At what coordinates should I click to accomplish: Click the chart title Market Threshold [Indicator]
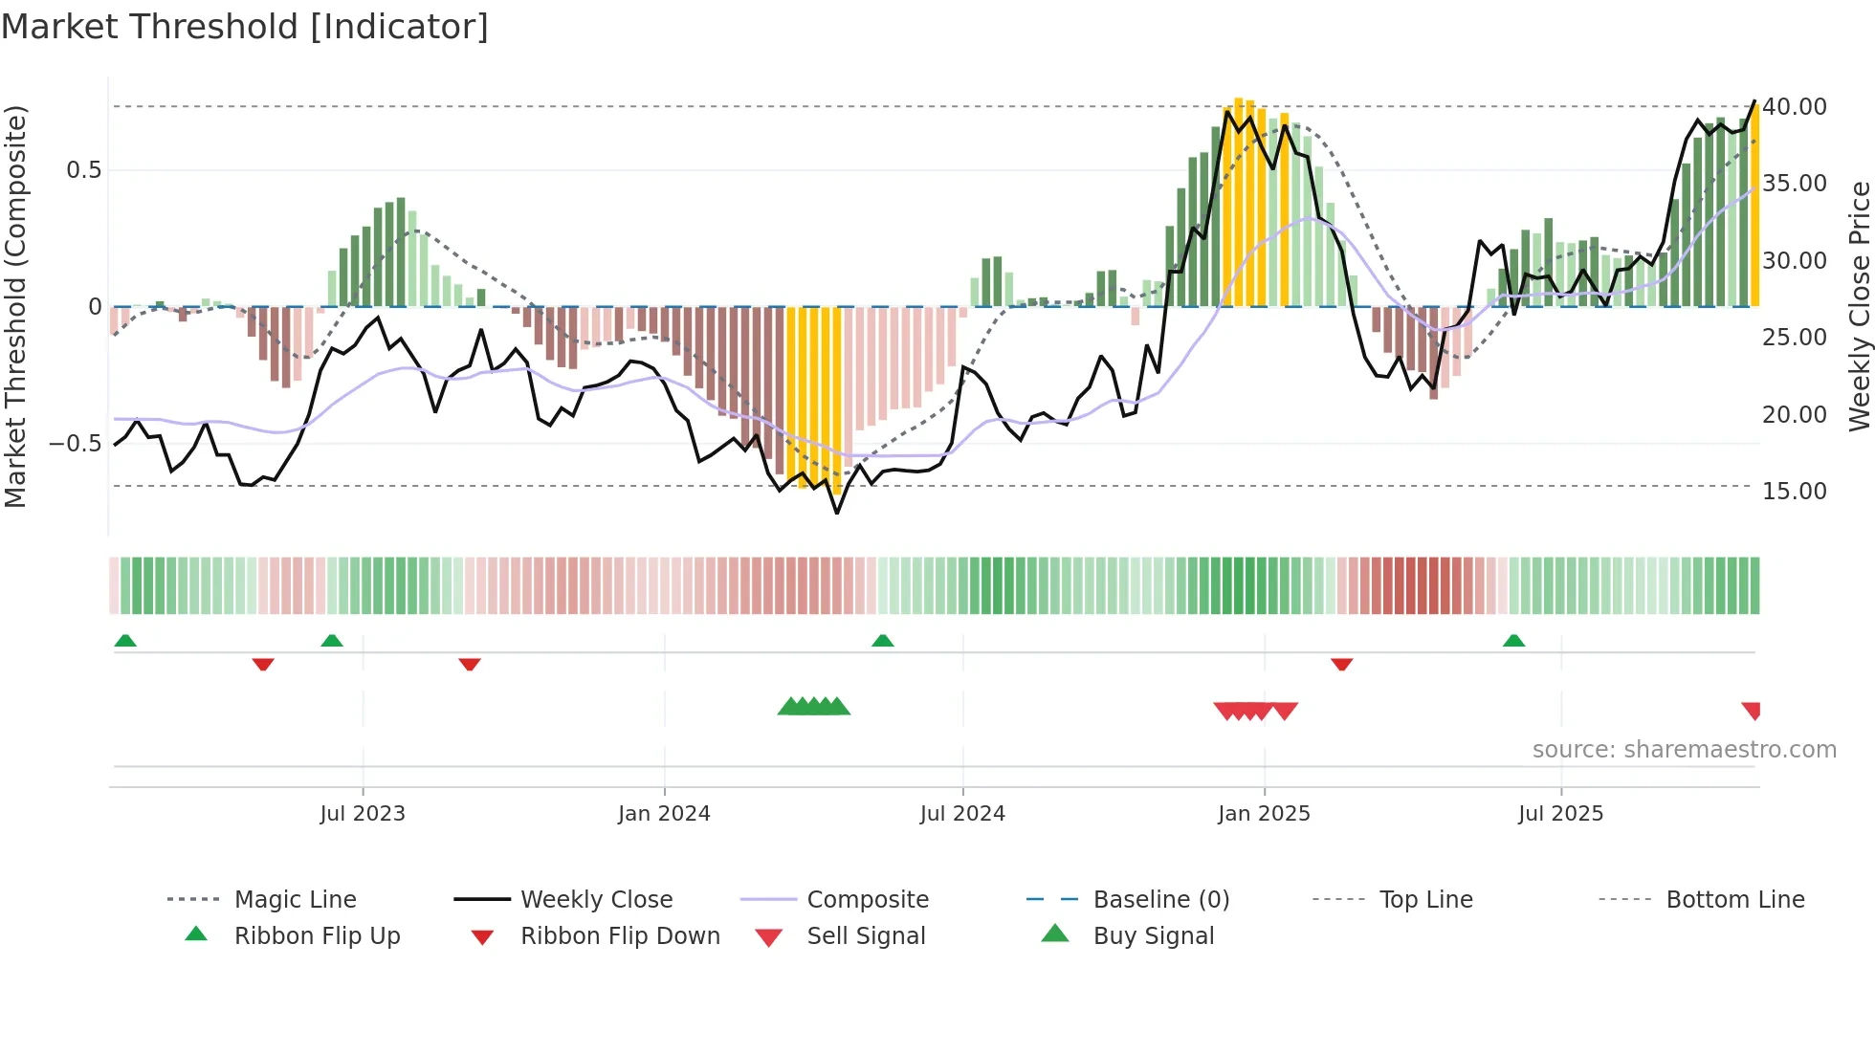click(x=245, y=27)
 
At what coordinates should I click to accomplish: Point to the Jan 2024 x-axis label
click(x=664, y=814)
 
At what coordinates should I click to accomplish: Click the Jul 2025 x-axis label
click(x=1560, y=814)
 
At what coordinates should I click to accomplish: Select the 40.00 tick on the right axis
click(x=1795, y=107)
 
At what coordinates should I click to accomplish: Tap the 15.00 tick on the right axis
click(x=1795, y=492)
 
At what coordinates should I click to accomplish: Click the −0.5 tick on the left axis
click(x=75, y=444)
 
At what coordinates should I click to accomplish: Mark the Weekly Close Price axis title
click(x=1859, y=306)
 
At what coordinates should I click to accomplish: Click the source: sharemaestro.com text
click(x=1684, y=750)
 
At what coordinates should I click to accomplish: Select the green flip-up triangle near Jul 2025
click(x=1513, y=641)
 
